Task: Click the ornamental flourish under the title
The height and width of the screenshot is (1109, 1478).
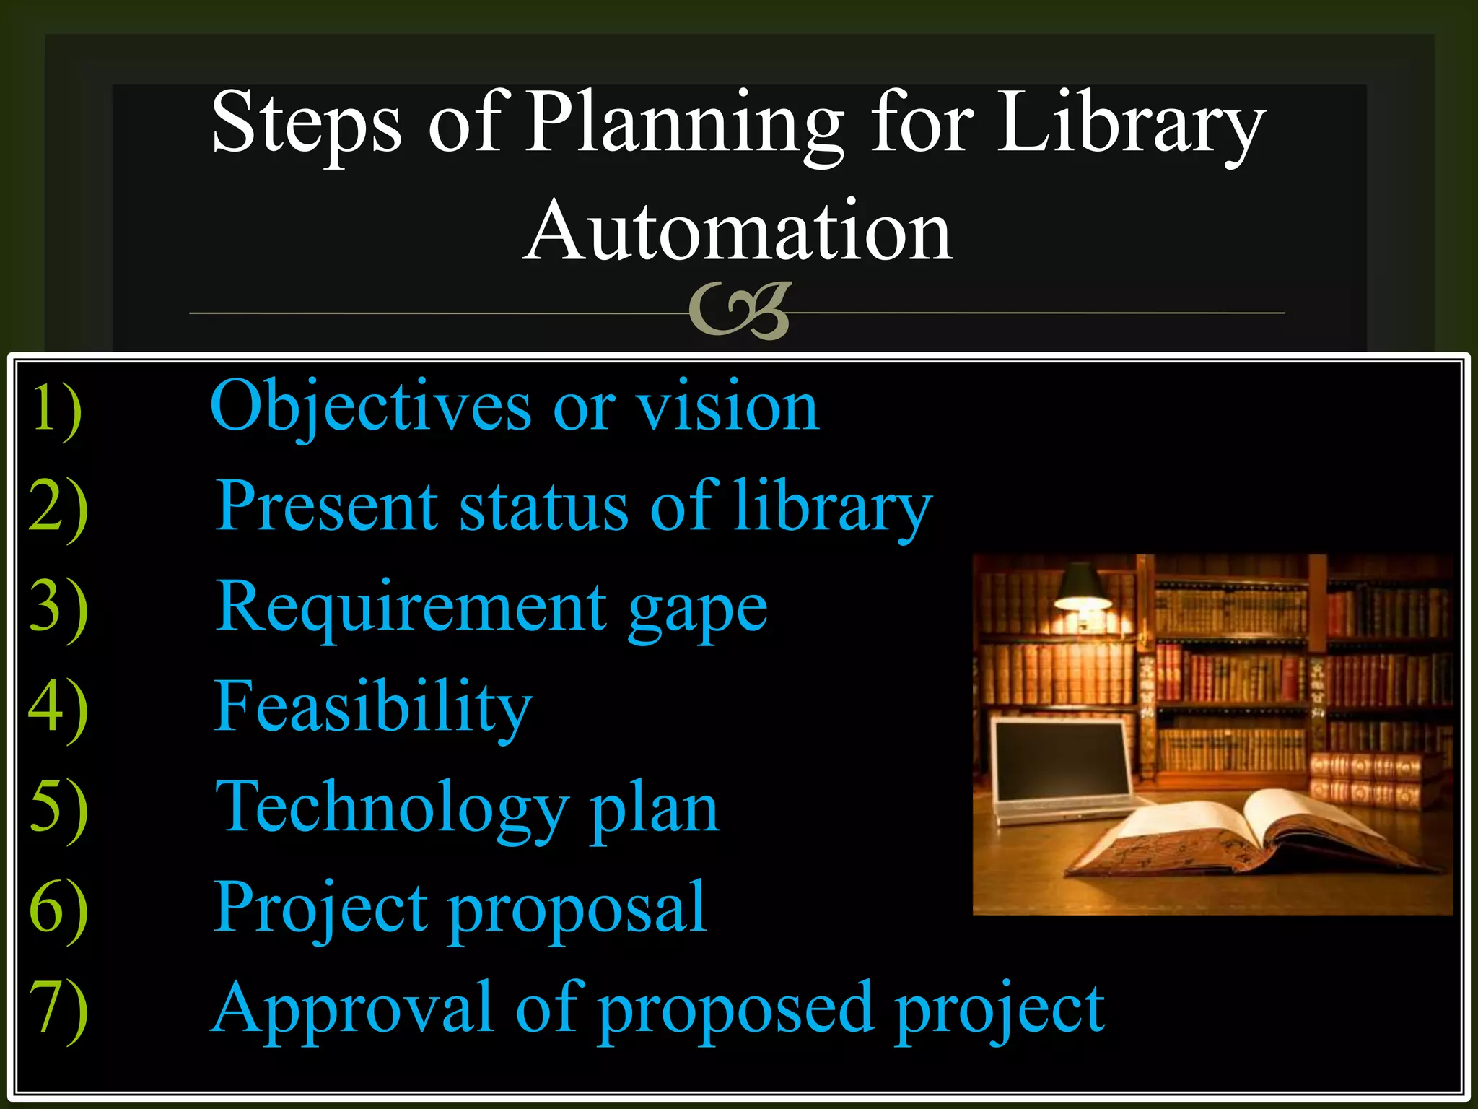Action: click(740, 311)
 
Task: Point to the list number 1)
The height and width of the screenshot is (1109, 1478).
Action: click(56, 409)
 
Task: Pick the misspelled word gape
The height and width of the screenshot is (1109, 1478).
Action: click(697, 611)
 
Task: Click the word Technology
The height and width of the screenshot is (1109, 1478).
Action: click(392, 809)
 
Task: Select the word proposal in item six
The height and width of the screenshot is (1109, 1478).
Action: click(577, 910)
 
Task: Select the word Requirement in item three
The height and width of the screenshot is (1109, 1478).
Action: click(411, 608)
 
